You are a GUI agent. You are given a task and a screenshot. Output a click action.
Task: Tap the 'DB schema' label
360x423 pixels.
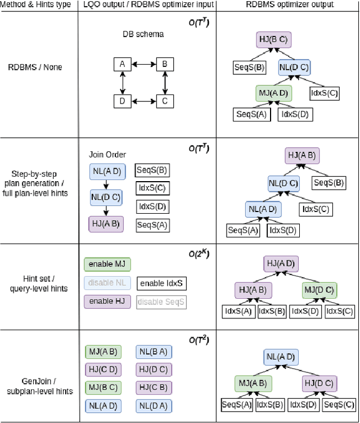[x=143, y=34]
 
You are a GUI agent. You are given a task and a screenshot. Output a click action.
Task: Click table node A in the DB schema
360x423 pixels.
[x=121, y=64]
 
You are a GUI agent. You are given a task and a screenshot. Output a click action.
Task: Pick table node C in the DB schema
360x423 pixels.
[x=164, y=101]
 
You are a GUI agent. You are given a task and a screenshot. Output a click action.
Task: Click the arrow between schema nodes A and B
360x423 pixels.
[x=143, y=64]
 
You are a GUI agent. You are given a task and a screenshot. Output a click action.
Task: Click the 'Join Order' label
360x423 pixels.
[x=107, y=155]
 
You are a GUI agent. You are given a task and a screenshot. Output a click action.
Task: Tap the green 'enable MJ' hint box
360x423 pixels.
[x=107, y=264]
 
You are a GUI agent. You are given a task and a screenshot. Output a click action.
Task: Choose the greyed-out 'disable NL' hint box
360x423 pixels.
[x=107, y=283]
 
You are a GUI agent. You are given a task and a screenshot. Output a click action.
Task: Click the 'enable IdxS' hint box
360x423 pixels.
[x=161, y=283]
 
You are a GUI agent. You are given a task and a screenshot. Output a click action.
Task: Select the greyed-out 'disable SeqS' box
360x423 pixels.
[x=161, y=302]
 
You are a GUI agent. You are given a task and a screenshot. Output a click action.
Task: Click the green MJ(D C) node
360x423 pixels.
[x=319, y=290]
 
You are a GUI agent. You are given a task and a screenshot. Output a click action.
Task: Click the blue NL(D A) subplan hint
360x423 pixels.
[x=154, y=406]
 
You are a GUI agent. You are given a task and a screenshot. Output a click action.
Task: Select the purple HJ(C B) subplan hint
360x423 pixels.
[x=154, y=388]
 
